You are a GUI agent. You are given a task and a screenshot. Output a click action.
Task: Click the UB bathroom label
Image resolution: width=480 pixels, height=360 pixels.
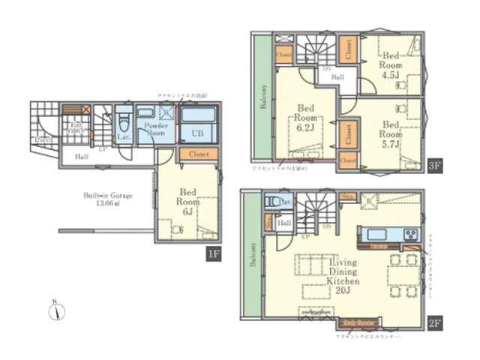[196, 133]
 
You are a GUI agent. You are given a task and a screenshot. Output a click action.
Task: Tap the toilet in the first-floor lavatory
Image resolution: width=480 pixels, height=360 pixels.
[124, 121]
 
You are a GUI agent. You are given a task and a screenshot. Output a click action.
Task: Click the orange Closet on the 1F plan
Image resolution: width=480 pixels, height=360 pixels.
[199, 154]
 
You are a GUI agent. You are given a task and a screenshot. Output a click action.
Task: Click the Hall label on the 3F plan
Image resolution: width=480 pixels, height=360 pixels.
[337, 77]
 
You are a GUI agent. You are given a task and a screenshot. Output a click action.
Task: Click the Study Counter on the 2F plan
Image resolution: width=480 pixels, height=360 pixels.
[361, 323]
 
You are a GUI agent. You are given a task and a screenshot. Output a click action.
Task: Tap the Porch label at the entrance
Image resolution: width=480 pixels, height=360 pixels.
[43, 140]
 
